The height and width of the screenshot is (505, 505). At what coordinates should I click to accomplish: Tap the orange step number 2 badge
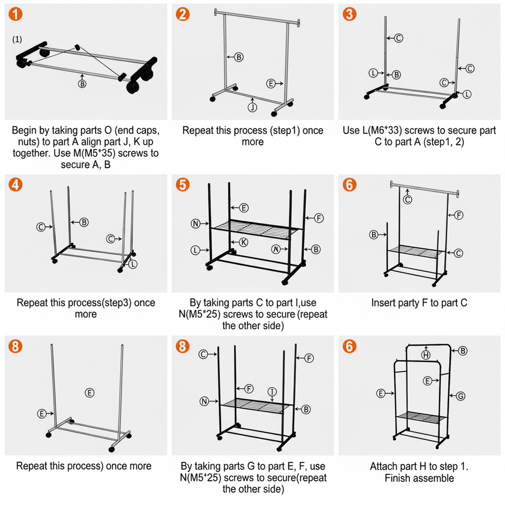click(183, 14)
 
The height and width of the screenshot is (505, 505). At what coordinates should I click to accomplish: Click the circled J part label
click(252, 108)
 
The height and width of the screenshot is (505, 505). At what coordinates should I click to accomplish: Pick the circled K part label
click(243, 243)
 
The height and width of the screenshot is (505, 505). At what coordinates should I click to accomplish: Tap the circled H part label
click(426, 356)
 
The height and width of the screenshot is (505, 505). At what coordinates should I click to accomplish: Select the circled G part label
click(461, 396)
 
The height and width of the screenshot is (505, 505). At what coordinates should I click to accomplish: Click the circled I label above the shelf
click(272, 391)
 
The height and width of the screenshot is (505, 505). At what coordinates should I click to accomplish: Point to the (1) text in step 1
click(18, 39)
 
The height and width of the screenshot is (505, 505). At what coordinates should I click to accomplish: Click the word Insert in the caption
click(385, 303)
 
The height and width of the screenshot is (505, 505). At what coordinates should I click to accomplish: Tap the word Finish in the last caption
click(399, 478)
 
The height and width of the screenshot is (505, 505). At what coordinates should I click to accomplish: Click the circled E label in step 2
click(271, 84)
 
